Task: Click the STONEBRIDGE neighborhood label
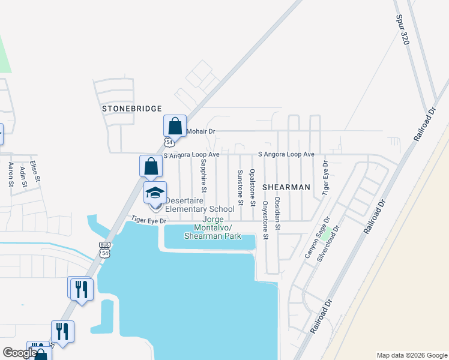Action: coord(131,109)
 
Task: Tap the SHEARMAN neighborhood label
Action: coord(286,187)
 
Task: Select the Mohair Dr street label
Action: coord(200,131)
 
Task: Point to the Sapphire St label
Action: coord(203,175)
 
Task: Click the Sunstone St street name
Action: coord(240,187)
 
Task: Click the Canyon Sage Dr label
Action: coord(318,238)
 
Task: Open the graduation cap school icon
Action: coord(155,193)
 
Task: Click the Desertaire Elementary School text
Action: coord(199,205)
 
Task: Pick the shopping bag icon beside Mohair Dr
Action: coord(175,127)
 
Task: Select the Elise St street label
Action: coord(35,170)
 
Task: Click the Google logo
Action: coord(19,353)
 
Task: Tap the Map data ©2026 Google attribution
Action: coord(411,355)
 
